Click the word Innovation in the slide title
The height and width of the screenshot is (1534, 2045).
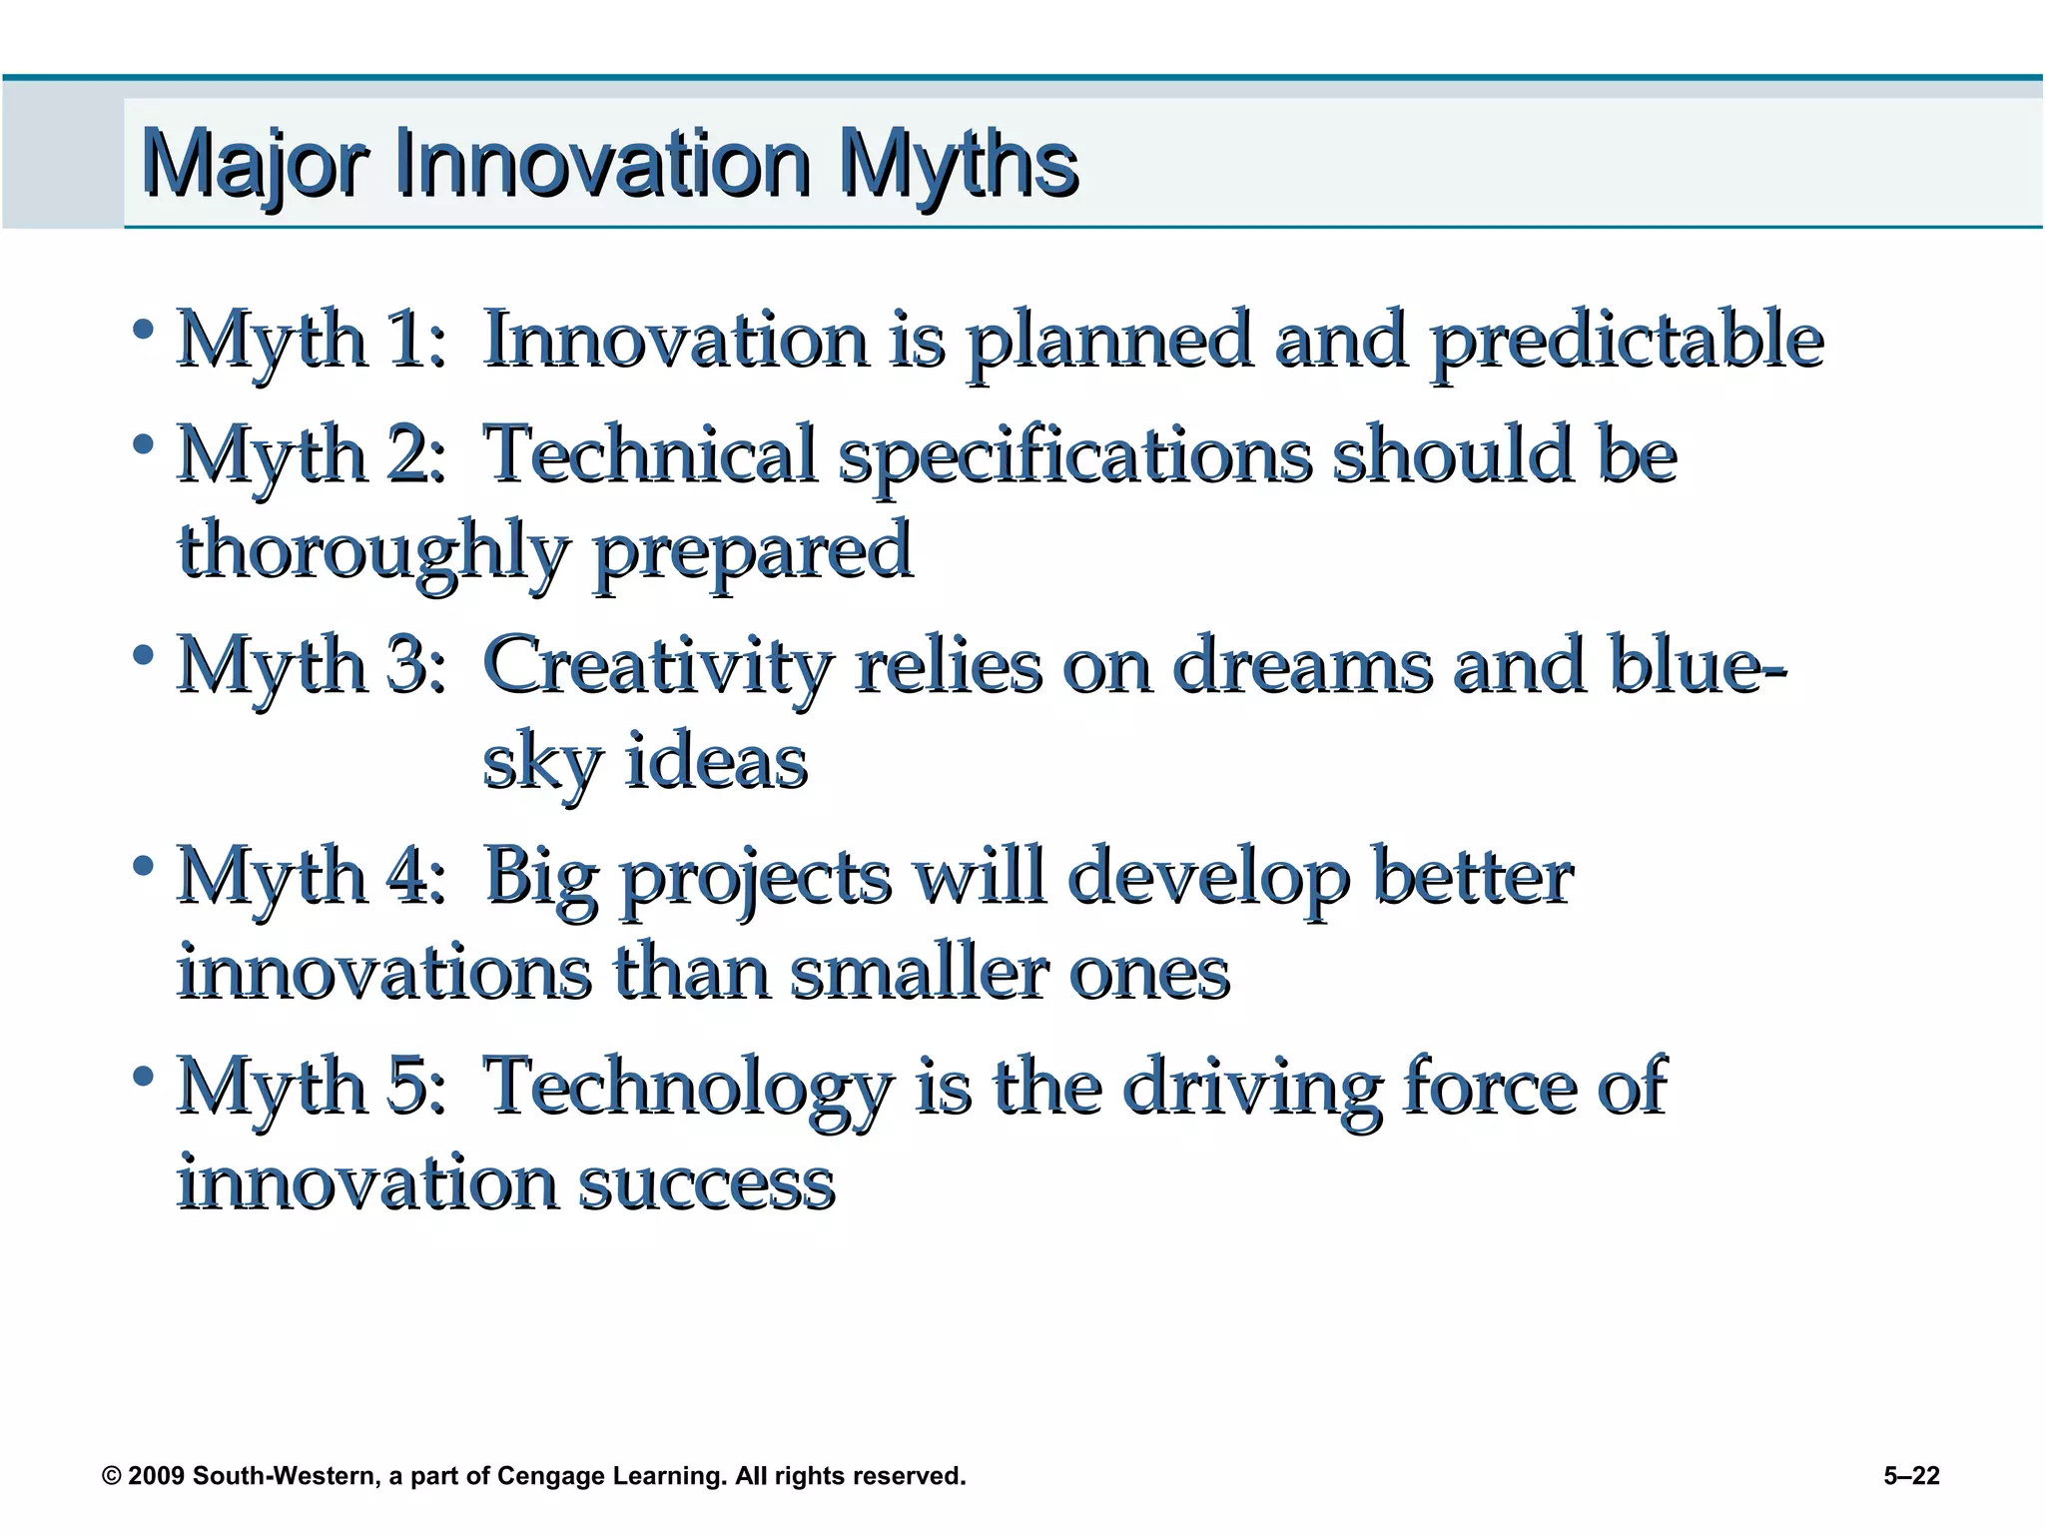coord(602,163)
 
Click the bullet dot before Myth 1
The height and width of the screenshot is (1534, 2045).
coord(144,329)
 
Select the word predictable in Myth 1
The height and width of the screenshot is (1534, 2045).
coord(1627,342)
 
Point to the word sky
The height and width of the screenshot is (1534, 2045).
coord(541,764)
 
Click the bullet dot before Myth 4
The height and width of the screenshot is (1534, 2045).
coord(144,865)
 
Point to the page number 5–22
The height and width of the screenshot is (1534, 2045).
coord(1911,1476)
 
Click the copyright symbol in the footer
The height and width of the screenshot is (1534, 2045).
coord(112,1476)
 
